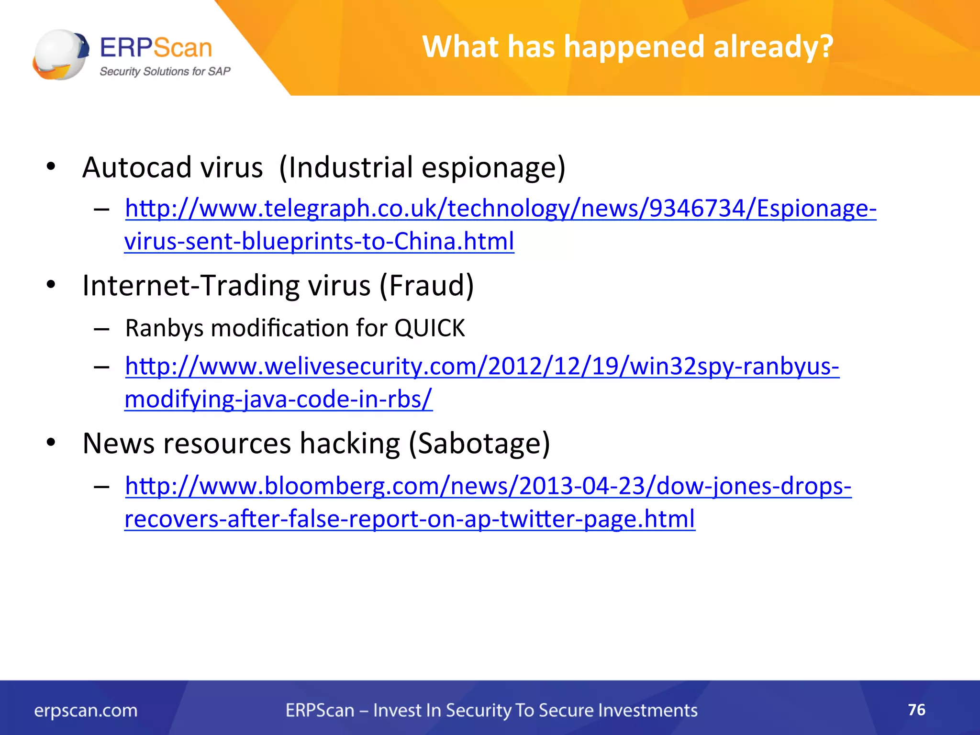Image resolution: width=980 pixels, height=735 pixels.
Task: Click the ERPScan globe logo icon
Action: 60,54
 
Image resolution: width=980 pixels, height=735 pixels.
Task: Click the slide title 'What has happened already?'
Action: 627,47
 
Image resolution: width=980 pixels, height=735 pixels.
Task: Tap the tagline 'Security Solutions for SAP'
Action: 165,72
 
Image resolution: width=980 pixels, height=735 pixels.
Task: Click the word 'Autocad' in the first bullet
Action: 136,167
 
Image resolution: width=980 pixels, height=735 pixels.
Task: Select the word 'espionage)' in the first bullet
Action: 493,167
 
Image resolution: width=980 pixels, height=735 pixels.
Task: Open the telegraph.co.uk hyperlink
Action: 501,209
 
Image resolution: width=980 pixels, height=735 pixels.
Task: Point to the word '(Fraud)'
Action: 426,286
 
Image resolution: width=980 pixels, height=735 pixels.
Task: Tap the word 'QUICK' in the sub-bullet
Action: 429,328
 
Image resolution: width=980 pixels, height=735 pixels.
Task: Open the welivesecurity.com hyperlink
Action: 482,367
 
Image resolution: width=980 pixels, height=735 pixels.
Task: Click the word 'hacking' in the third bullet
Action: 349,444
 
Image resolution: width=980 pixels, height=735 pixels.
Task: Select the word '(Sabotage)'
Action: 479,444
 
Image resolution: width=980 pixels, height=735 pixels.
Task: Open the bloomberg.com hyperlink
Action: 488,486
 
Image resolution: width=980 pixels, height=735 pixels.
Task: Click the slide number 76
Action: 916,710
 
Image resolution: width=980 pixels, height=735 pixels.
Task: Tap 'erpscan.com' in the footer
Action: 86,711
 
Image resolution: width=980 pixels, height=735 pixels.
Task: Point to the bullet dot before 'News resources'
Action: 51,443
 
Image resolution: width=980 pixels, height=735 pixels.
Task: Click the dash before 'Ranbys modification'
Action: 101,329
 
